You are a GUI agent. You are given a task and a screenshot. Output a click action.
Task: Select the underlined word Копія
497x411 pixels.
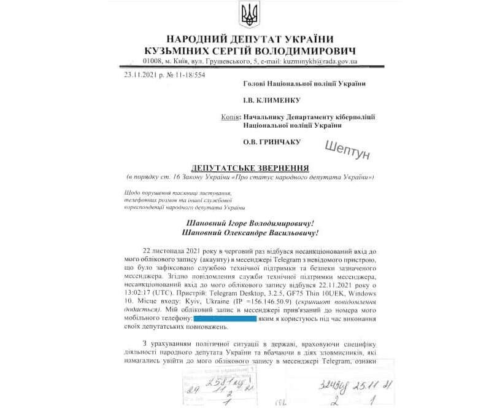230,116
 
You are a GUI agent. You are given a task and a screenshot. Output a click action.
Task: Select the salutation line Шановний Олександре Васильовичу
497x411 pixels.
250,233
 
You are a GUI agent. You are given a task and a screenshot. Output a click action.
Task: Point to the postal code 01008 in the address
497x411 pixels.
152,61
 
